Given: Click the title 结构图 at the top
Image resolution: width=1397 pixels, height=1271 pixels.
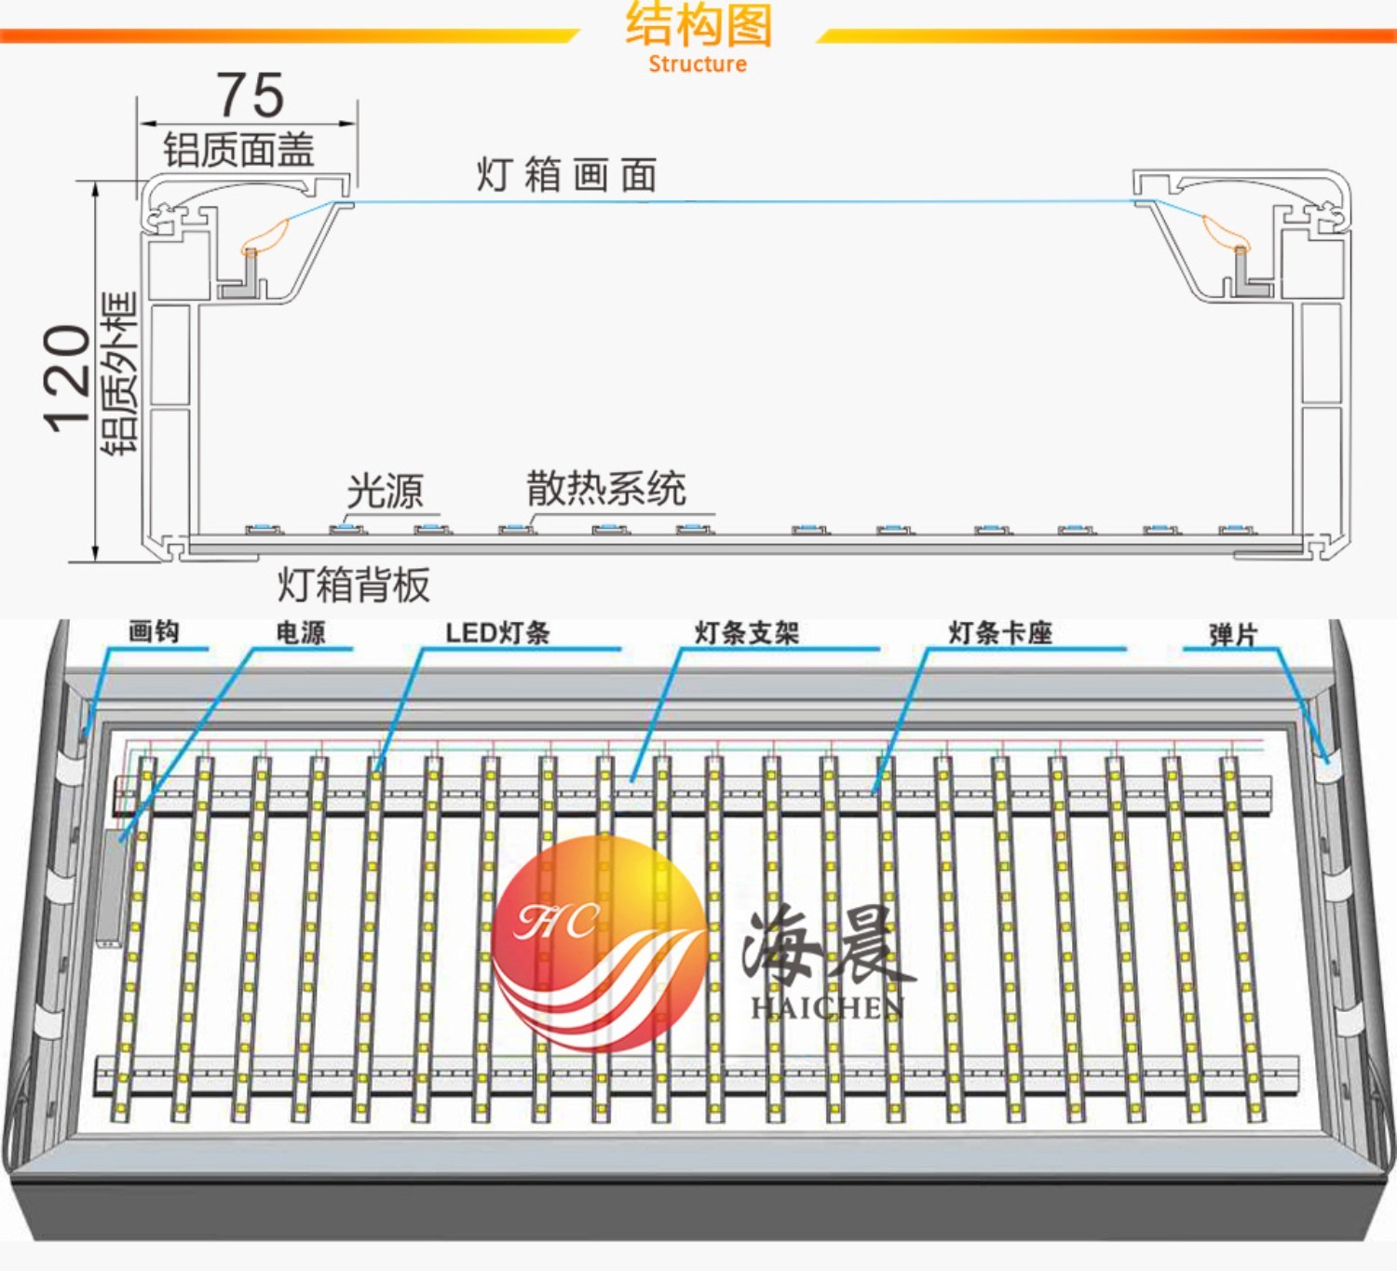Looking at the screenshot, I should (x=698, y=25).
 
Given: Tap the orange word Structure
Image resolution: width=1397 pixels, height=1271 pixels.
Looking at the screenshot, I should (x=698, y=64).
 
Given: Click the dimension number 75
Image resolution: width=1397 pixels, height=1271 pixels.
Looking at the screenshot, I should (x=251, y=95).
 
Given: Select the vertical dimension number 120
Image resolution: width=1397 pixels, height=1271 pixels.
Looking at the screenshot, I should (x=67, y=378).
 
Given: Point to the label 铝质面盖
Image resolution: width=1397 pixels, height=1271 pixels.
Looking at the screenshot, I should (x=239, y=150).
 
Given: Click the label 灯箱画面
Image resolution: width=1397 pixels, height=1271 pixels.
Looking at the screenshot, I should (x=566, y=175).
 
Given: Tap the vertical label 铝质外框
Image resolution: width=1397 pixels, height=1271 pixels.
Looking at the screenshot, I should (x=119, y=373).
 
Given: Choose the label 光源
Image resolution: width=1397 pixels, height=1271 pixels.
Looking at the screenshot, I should (x=385, y=491).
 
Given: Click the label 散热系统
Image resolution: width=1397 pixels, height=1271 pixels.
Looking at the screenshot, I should (x=606, y=489).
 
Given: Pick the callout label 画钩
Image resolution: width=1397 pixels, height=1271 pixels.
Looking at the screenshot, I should (x=154, y=632).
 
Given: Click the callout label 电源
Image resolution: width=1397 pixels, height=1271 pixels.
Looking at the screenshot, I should (x=300, y=633).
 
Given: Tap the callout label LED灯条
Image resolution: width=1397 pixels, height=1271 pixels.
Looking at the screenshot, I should (x=497, y=633).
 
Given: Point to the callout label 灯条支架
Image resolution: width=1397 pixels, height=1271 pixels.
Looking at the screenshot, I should (x=747, y=633).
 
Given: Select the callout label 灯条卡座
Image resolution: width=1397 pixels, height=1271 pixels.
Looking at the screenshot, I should (x=1000, y=633).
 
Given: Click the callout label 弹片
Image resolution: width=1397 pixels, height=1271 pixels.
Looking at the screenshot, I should (x=1233, y=635).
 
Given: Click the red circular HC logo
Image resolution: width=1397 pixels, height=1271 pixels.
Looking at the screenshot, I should (x=598, y=940).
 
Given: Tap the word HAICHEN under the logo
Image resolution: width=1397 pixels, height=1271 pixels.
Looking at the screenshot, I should (x=827, y=1007).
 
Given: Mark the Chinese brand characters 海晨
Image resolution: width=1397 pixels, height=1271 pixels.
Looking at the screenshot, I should (x=827, y=948).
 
